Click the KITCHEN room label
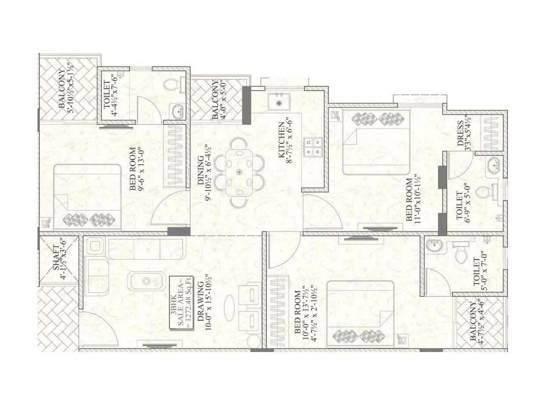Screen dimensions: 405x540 pyautogui.click(x=281, y=140)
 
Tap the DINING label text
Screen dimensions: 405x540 pyautogui.click(x=200, y=170)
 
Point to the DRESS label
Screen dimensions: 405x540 pyautogui.click(x=460, y=133)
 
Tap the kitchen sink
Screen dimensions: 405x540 pyautogui.click(x=279, y=102)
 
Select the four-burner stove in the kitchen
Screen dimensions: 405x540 pyautogui.click(x=313, y=147)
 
